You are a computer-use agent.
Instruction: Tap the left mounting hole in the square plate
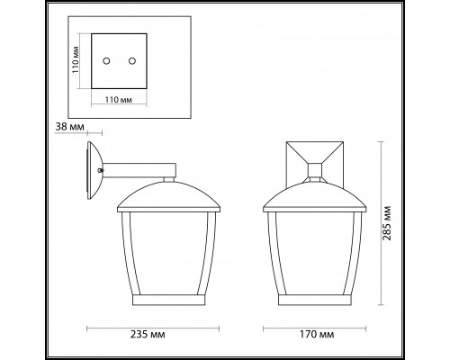(x=106, y=60)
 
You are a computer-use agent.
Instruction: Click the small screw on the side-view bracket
(x=103, y=167)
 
